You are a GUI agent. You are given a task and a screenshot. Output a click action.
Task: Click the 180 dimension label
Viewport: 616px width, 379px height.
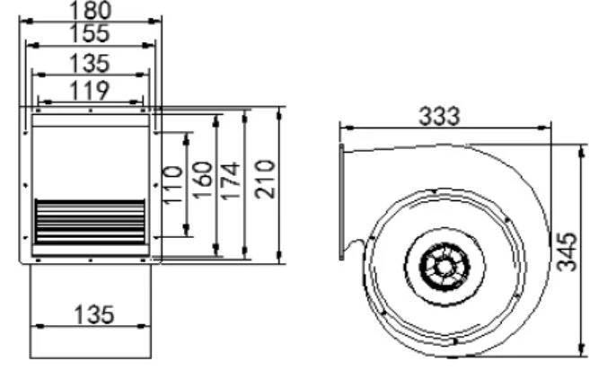(x=90, y=10)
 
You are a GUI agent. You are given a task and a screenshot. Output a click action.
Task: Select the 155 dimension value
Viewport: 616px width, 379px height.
(x=90, y=33)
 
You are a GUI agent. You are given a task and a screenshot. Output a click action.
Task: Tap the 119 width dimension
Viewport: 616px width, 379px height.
(x=90, y=91)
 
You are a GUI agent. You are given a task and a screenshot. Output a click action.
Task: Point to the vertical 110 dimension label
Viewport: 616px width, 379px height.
(x=172, y=184)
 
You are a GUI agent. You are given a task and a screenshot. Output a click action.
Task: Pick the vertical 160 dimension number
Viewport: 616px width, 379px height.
(x=202, y=180)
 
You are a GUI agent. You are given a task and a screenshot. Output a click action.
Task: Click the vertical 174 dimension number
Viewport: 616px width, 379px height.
(x=230, y=181)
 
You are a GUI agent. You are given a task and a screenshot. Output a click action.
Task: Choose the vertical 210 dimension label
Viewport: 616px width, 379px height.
(x=264, y=179)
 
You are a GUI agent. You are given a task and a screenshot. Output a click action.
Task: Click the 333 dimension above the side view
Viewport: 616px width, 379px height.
(x=439, y=117)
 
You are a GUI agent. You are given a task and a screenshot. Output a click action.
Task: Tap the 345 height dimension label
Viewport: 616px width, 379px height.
(x=567, y=251)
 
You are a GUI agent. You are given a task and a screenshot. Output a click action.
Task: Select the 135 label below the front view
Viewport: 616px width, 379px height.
(x=94, y=315)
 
